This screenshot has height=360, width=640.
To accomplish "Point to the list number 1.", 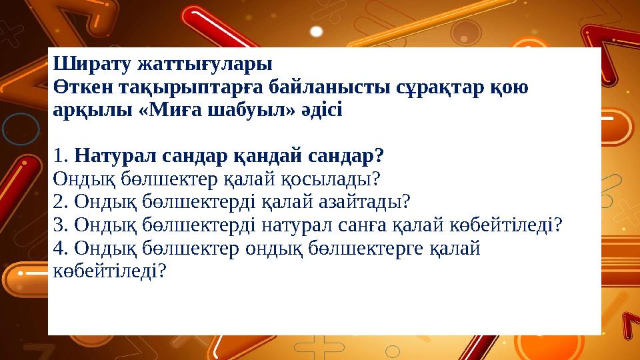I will [x=59, y=157].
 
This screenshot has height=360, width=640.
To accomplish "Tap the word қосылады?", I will [x=331, y=179].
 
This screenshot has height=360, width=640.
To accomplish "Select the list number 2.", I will [x=59, y=201].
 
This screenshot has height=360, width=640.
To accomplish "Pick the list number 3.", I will [x=59, y=225].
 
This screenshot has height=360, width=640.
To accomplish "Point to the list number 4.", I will [x=59, y=248].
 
